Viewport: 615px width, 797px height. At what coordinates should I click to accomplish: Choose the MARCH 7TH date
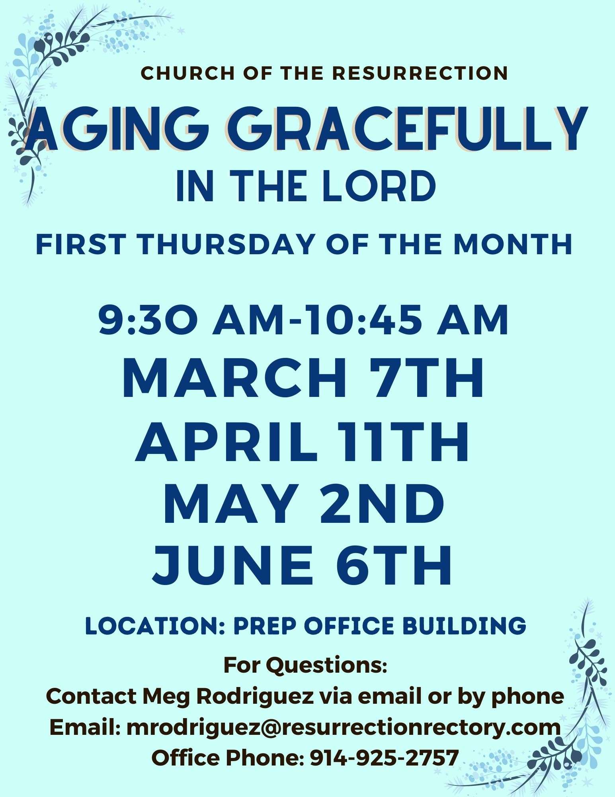tap(303, 378)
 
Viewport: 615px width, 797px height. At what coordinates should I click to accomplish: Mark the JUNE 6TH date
tap(303, 567)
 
